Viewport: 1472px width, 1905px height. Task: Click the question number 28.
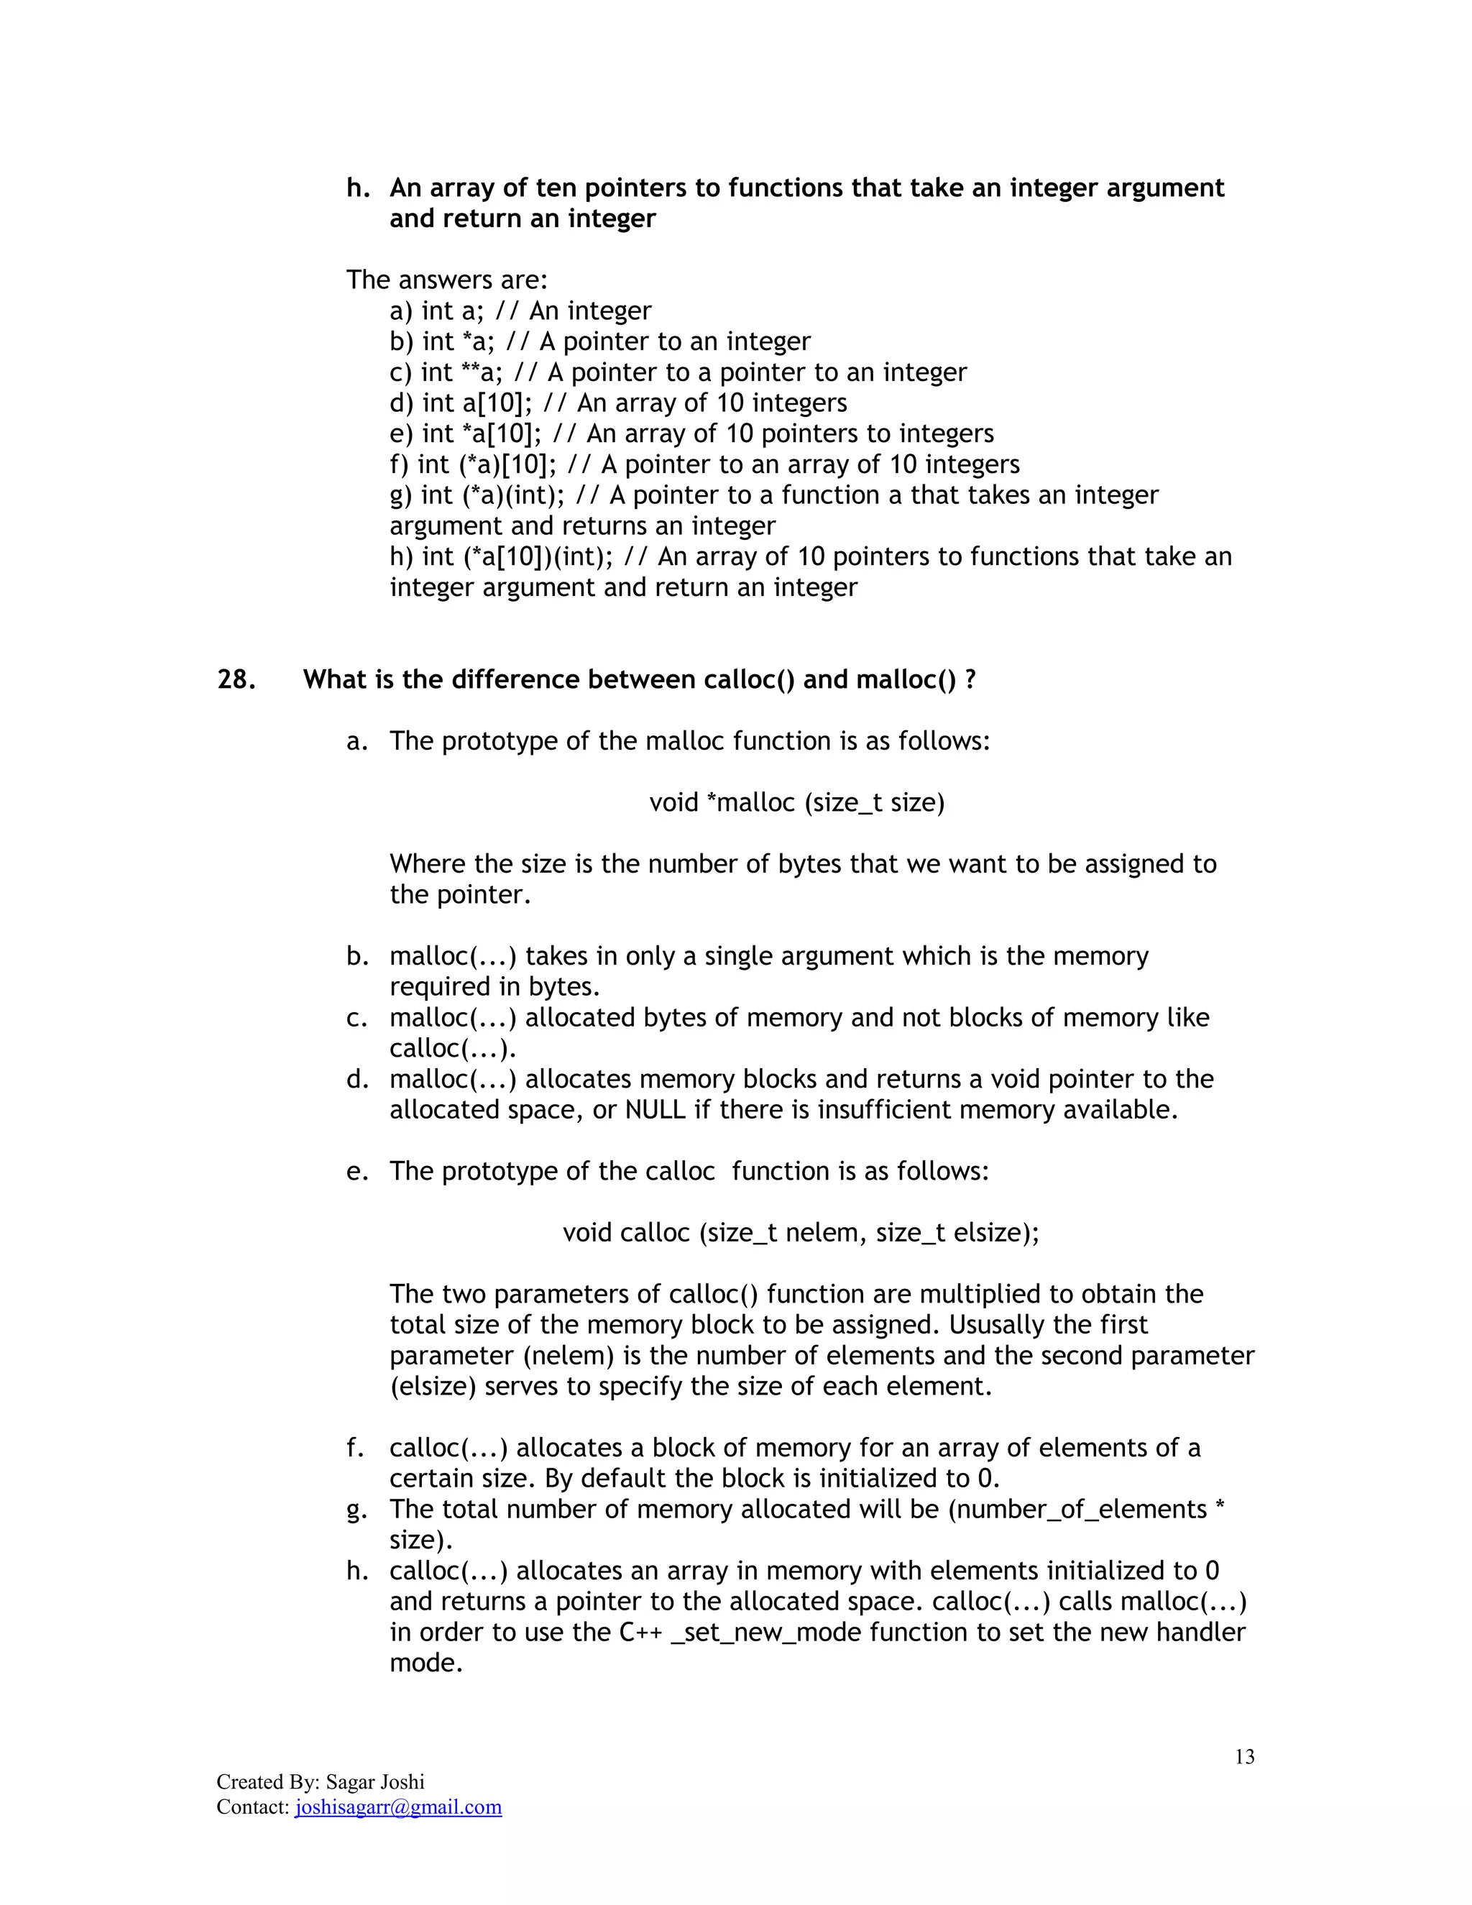tap(236, 679)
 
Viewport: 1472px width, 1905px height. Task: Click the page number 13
tap(1244, 1757)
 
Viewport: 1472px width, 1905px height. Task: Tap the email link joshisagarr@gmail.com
tap(398, 1807)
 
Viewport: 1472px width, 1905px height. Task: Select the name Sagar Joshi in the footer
tap(375, 1782)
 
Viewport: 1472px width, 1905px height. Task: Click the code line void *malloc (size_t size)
tap(796, 802)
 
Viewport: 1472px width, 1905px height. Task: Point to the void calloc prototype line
tap(801, 1232)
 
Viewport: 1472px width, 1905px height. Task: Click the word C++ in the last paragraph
tap(640, 1632)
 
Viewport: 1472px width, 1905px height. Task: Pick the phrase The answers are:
tap(446, 280)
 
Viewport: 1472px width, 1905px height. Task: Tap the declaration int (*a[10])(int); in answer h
tap(518, 556)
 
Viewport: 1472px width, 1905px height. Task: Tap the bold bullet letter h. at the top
tap(359, 188)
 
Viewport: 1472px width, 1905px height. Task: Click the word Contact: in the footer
tap(253, 1807)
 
